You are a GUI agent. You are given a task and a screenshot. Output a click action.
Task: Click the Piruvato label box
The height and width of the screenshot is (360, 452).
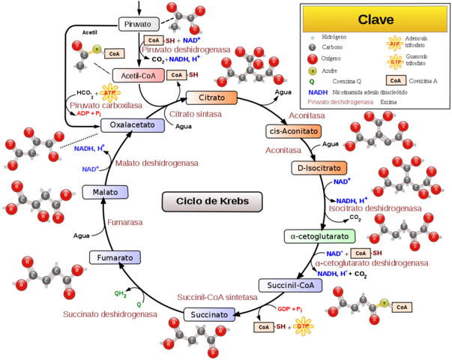(x=139, y=24)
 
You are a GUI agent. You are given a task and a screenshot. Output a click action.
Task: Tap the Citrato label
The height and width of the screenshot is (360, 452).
(x=211, y=98)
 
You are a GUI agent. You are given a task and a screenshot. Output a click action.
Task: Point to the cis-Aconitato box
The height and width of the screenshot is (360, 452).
(x=294, y=131)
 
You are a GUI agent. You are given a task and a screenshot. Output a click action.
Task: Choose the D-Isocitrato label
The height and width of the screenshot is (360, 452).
(x=319, y=168)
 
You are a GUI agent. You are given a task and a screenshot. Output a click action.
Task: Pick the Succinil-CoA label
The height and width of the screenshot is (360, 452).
(x=290, y=285)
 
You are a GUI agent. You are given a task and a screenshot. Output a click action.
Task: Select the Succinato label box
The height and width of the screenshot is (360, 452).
(x=209, y=314)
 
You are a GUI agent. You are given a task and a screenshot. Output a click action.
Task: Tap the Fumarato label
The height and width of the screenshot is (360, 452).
(x=115, y=257)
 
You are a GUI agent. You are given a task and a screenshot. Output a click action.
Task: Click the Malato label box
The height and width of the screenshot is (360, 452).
(x=105, y=192)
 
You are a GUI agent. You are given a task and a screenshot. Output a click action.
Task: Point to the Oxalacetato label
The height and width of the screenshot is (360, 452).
(x=133, y=125)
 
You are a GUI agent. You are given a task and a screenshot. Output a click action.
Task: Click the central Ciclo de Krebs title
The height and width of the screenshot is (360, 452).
(x=212, y=201)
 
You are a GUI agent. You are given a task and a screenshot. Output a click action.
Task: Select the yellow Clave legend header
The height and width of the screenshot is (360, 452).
(x=375, y=19)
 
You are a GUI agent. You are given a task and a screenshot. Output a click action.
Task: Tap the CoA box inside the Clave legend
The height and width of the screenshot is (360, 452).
(x=396, y=80)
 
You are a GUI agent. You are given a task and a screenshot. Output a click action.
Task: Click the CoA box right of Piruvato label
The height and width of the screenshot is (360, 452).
(x=154, y=40)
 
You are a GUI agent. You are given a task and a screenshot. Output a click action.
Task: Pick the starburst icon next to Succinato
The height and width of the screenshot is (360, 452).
(x=303, y=326)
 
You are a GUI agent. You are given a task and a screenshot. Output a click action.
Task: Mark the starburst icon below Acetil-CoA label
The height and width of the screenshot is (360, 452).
(x=111, y=92)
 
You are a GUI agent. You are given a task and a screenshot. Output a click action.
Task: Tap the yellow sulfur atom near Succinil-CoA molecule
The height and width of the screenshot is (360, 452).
(x=384, y=303)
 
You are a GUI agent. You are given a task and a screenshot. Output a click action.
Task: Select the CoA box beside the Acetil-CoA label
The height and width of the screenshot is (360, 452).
(x=176, y=75)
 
